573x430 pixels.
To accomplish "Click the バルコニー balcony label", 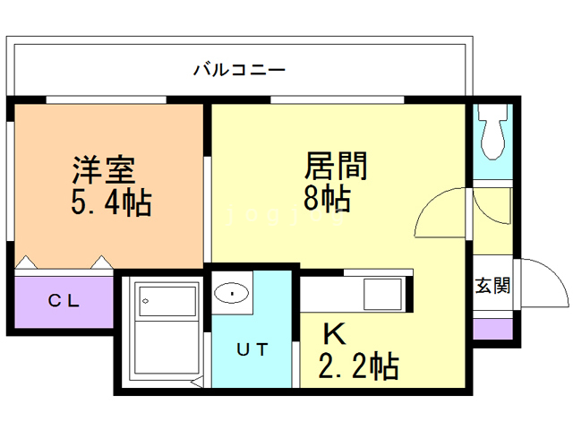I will pos(239,69).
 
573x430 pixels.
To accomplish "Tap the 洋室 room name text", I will pos(103,168).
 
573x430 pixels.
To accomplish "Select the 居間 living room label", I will pos(338,166).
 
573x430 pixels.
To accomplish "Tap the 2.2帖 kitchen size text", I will pos(359,365).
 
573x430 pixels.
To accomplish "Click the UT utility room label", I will pos(252,350).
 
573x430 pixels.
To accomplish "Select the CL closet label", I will pos(64,301).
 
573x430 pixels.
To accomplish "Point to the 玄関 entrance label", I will pos(492,287).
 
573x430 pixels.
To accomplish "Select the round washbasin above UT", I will pos(233,292).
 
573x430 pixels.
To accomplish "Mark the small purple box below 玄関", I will pos(492,329).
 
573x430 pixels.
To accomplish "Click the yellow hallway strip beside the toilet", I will pos(492,219).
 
